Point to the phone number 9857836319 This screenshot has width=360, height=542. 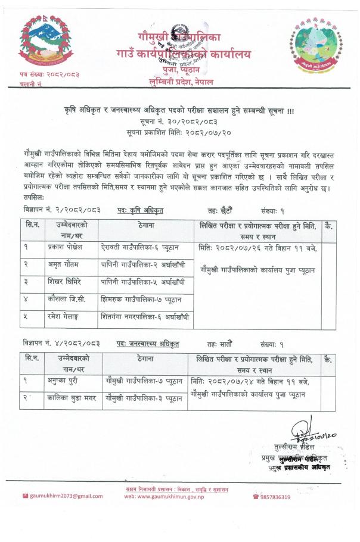(275, 497)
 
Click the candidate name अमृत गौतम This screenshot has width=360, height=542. (64, 264)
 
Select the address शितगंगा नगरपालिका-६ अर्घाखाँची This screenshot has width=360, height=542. (146, 317)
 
